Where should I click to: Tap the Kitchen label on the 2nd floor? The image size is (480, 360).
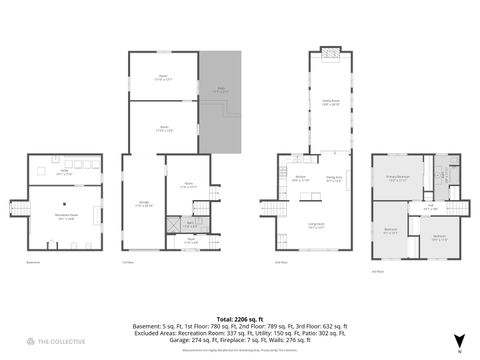[300, 179]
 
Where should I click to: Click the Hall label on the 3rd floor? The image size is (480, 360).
[431, 207]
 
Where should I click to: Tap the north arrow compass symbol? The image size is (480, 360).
[459, 340]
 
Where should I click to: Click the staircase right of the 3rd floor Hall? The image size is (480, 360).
[455, 207]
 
